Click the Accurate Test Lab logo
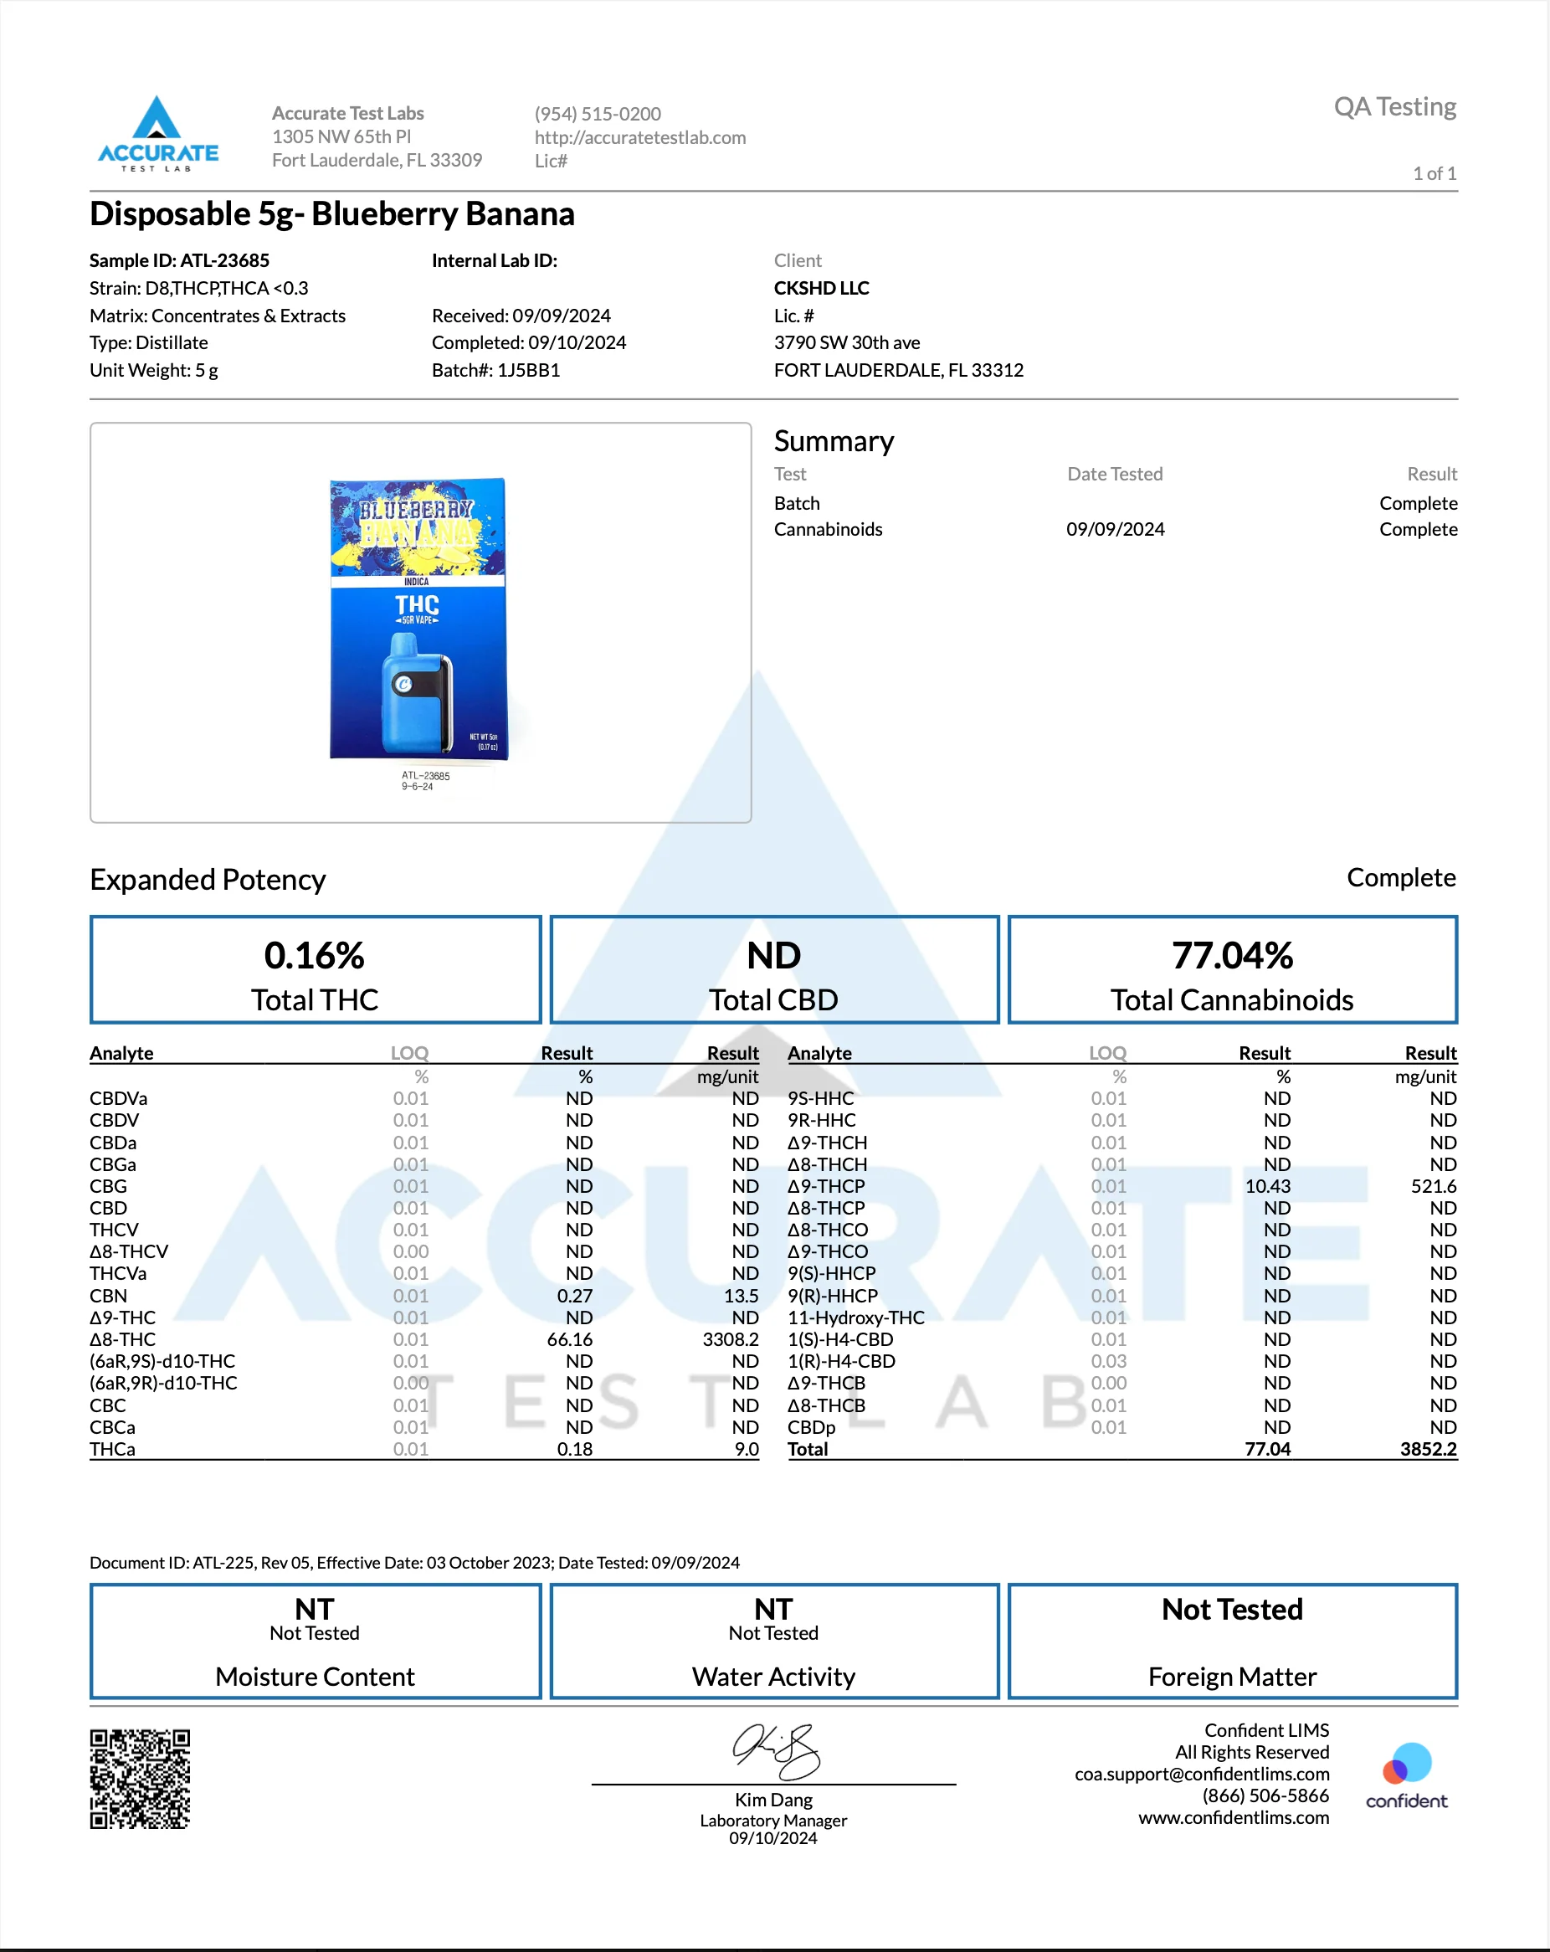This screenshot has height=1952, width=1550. pyautogui.click(x=157, y=134)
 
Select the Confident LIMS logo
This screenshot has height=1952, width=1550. pyautogui.click(x=1406, y=1775)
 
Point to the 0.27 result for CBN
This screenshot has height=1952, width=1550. pyautogui.click(x=574, y=1296)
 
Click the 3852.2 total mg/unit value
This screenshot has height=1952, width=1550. pyautogui.click(x=1428, y=1449)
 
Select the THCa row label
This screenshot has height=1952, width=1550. pyautogui.click(x=112, y=1449)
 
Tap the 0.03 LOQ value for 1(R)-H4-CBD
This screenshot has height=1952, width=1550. pyautogui.click(x=1108, y=1361)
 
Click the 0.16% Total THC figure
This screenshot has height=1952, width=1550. pyautogui.click(x=314, y=955)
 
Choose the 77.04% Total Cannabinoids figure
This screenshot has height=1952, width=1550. pyautogui.click(x=1231, y=955)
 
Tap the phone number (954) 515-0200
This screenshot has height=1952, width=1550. pyautogui.click(x=598, y=114)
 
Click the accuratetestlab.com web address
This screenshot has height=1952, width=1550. pyautogui.click(x=640, y=137)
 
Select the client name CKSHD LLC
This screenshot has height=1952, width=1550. pyautogui.click(x=821, y=288)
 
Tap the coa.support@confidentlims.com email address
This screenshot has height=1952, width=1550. pyautogui.click(x=1202, y=1774)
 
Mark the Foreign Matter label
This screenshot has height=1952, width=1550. pyautogui.click(x=1231, y=1677)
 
